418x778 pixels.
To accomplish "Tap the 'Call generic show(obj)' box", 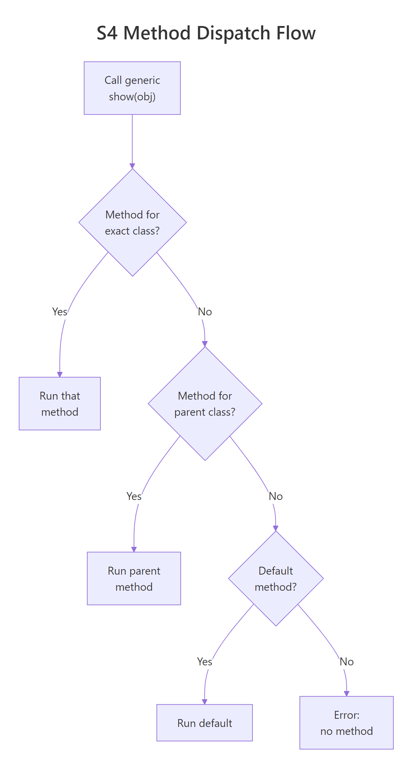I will tap(132, 88).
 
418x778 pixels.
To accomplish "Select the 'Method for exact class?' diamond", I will tap(132, 223).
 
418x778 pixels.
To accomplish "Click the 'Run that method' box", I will tap(60, 404).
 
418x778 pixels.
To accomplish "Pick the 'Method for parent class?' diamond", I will tap(205, 404).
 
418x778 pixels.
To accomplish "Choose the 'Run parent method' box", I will tap(134, 578).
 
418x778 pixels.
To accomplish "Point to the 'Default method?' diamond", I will tap(276, 578).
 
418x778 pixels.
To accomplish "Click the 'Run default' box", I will tap(205, 723).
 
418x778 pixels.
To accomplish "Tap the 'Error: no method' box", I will tap(346, 723).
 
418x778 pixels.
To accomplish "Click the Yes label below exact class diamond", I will tap(60, 312).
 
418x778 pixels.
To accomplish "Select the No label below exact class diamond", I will tap(205, 312).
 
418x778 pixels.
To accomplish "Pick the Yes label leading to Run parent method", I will tap(134, 496).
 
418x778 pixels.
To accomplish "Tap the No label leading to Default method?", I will tap(276, 496).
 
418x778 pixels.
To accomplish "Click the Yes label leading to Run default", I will tap(205, 662).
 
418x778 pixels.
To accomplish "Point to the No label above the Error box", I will tap(346, 662).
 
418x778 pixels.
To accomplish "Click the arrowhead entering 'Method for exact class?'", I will tap(132, 166).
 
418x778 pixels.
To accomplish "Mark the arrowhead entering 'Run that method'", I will tap(60, 375).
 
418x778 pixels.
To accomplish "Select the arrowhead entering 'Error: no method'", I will tap(346, 694).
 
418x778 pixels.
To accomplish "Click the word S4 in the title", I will tap(107, 34).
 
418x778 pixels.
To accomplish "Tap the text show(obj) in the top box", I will tap(132, 97).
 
